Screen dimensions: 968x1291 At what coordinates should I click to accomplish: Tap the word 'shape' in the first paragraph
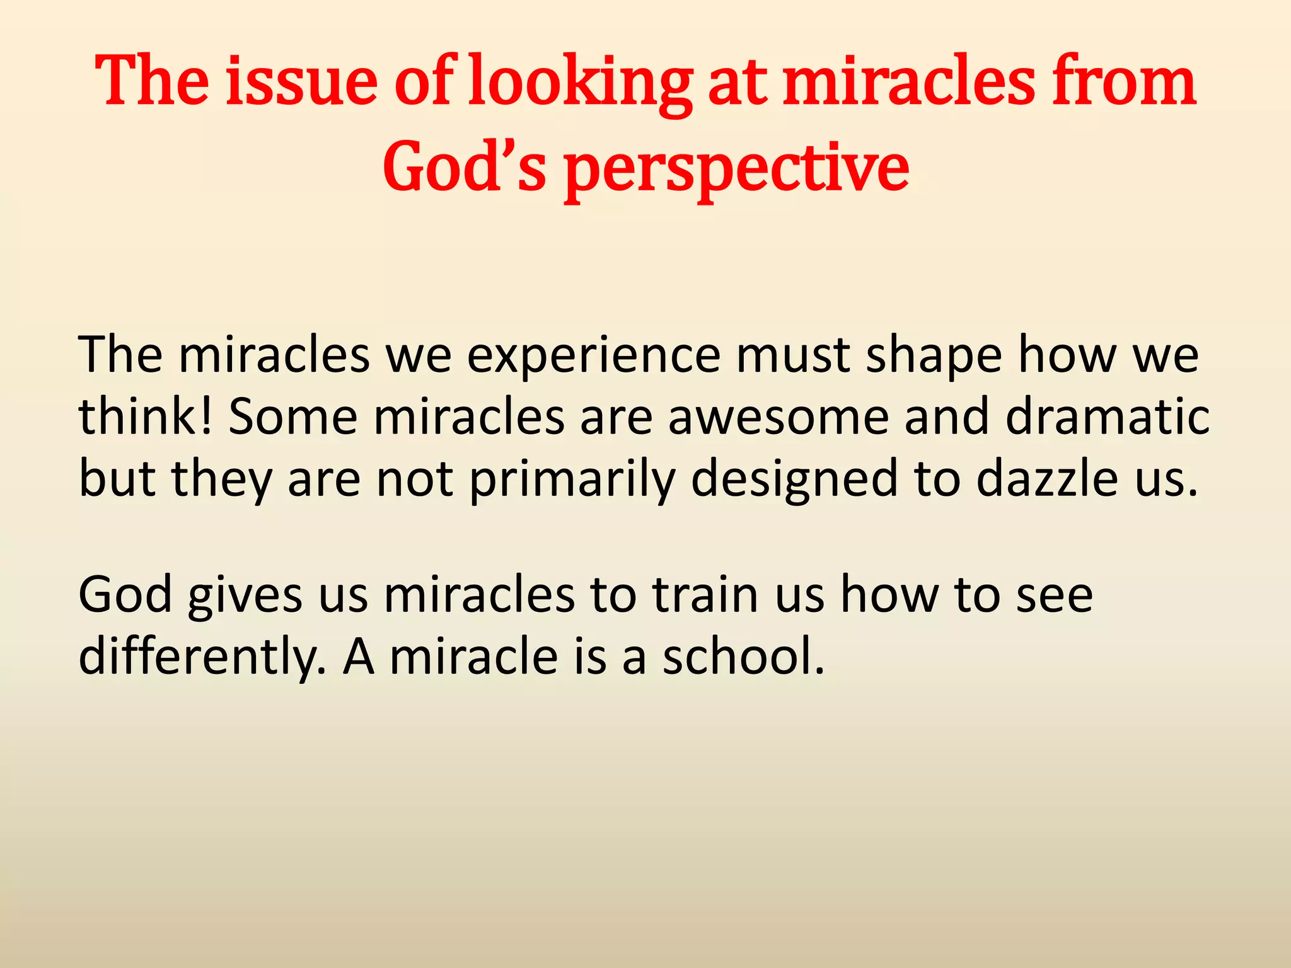tap(934, 356)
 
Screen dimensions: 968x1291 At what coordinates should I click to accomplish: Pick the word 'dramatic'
tap(1107, 417)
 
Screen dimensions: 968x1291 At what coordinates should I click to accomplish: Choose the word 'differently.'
tap(202, 656)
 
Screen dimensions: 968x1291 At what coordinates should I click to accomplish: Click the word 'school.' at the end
tap(743, 656)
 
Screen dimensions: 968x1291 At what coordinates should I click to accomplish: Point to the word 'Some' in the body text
tap(292, 417)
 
